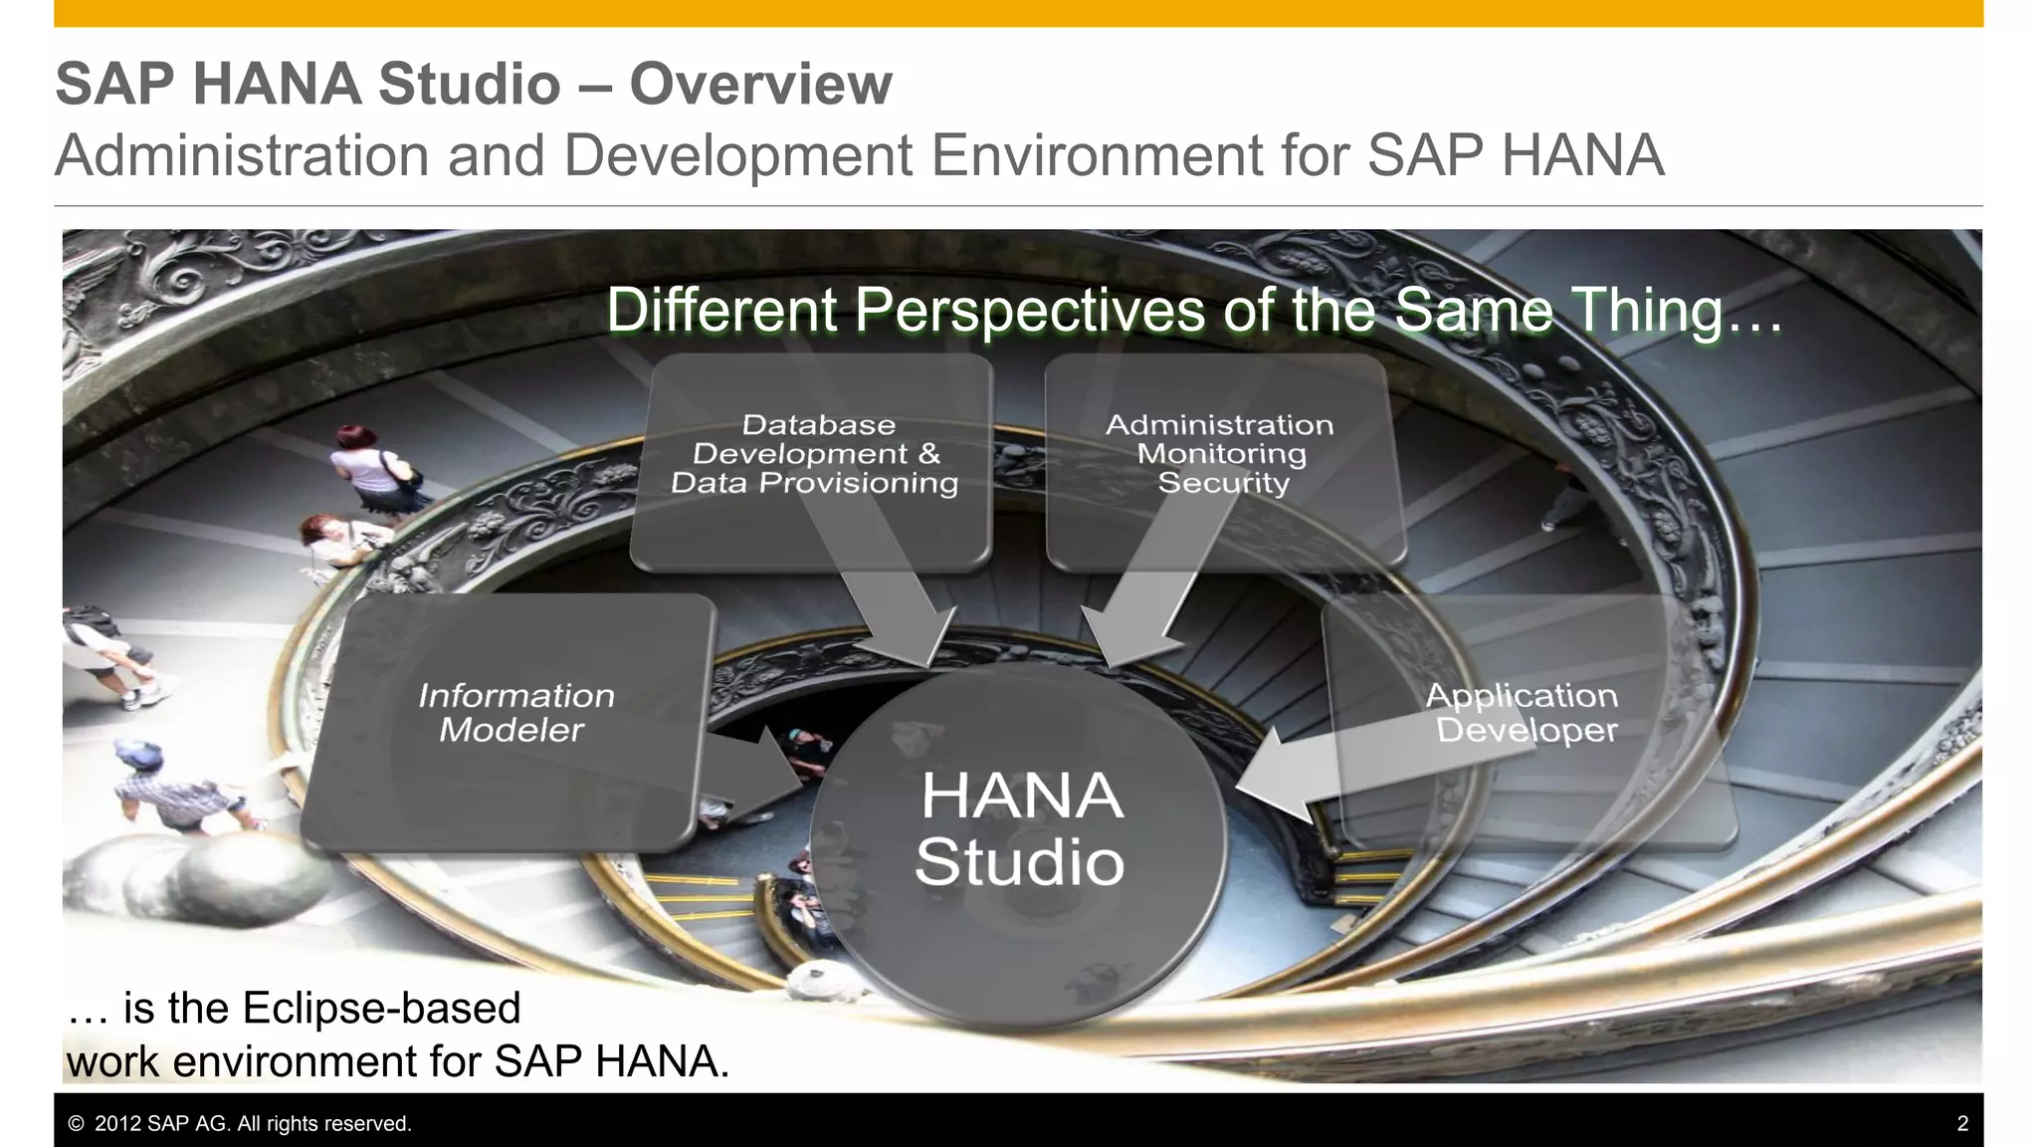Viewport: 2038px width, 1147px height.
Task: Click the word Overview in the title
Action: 760,84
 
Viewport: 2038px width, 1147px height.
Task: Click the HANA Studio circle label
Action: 1020,828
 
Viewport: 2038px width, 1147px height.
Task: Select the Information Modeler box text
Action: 514,713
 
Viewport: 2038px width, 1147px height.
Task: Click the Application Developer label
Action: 1524,713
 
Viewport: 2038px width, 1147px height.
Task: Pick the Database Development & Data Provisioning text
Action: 815,454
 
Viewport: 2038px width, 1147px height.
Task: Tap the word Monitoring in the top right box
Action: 1221,454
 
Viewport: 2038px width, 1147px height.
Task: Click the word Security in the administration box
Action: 1223,483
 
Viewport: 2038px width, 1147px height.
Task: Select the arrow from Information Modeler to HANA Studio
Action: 756,772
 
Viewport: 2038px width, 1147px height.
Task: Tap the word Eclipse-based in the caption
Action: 381,1008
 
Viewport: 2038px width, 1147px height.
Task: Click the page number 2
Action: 1962,1124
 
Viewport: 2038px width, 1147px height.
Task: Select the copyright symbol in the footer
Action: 76,1124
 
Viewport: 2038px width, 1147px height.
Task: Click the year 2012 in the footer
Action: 116,1124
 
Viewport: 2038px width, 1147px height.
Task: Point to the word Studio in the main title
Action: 469,84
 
